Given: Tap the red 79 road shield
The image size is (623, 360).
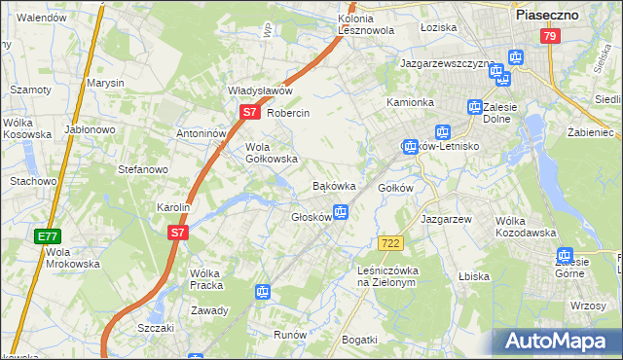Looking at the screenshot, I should tap(550, 37).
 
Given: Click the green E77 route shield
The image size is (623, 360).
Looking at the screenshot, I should tap(46, 236).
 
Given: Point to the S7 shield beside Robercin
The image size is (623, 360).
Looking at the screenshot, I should tap(249, 112).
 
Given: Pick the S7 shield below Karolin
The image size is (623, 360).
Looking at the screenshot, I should tap(176, 233).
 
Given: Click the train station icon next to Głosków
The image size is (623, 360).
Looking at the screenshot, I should tap(341, 211).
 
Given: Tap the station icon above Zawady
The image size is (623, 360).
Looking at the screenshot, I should tap(262, 291).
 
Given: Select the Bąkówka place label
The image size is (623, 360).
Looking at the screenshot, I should tap(333, 185).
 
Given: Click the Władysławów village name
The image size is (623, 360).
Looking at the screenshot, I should tap(260, 90).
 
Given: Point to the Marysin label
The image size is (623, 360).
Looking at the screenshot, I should tap(105, 83).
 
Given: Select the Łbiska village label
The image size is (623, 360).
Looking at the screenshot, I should tap(474, 276).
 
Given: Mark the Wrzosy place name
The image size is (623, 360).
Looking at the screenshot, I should tap(589, 306).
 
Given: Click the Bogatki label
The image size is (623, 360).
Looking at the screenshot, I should tap(359, 339).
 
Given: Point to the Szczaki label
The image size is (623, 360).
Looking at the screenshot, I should tap(156, 328).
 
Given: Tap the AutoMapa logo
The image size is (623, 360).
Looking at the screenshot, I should tap(556, 342).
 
